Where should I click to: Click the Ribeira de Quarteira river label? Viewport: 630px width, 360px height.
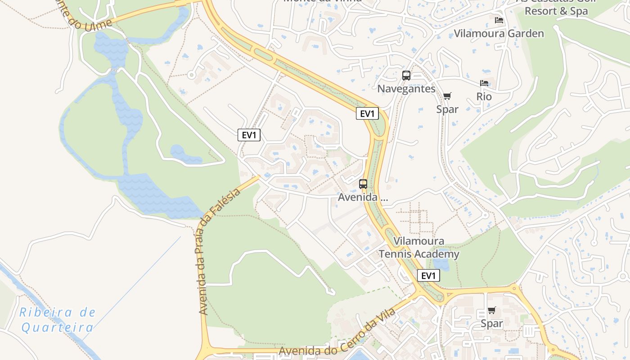tap(58, 319)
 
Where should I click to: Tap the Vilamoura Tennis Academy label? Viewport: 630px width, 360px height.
tap(419, 247)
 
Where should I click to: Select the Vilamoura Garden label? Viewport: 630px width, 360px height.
tap(499, 33)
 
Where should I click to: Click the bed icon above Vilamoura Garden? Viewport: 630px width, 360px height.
tap(499, 20)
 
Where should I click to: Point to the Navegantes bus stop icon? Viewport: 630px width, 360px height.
tap(406, 76)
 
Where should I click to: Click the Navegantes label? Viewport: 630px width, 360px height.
tap(406, 89)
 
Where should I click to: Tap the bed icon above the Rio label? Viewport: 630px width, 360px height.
tap(484, 83)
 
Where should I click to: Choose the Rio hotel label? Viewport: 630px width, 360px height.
tap(484, 96)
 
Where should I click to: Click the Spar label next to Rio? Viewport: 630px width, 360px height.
tap(447, 109)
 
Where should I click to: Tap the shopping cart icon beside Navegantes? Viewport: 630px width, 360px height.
tap(447, 96)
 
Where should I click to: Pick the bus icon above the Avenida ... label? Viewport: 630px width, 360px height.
tap(363, 184)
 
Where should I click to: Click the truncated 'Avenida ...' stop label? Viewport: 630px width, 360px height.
tap(363, 197)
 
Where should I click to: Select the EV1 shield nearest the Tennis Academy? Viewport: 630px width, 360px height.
tap(428, 275)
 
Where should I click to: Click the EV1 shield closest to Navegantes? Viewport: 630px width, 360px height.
tap(367, 113)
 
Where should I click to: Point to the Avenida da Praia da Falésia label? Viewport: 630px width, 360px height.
tap(219, 252)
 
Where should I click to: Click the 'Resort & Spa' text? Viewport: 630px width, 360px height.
tap(556, 11)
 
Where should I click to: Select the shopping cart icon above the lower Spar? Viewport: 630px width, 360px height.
tap(492, 310)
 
